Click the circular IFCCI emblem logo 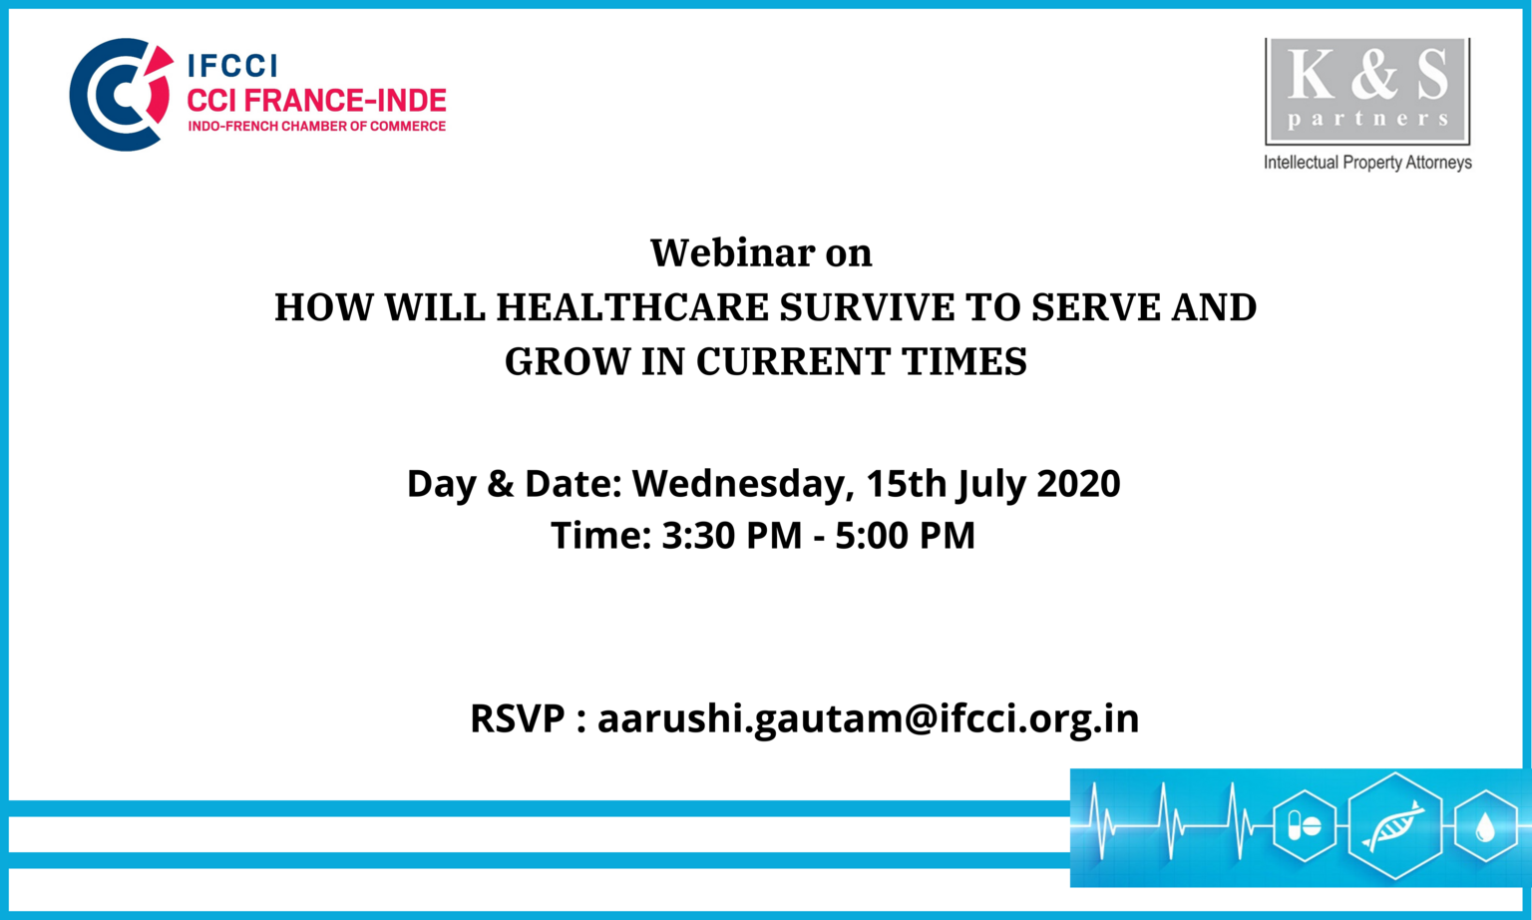pyautogui.click(x=120, y=95)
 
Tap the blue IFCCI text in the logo pyautogui.click(x=232, y=66)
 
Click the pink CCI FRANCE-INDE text pyautogui.click(x=316, y=101)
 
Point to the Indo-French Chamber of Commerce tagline pyautogui.click(x=316, y=126)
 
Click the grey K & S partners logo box pyautogui.click(x=1367, y=91)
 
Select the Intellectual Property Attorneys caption pyautogui.click(x=1367, y=163)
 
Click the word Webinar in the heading pyautogui.click(x=732, y=252)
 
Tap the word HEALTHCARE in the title pyautogui.click(x=632, y=307)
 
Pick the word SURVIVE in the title pyautogui.click(x=900, y=307)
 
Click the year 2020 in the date pyautogui.click(x=1078, y=483)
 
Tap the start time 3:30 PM pyautogui.click(x=732, y=535)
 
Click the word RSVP pyautogui.click(x=518, y=718)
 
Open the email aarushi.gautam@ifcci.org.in pyautogui.click(x=869, y=719)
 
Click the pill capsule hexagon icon pyautogui.click(x=1305, y=825)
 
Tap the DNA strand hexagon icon pyautogui.click(x=1394, y=825)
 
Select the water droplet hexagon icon pyautogui.click(x=1485, y=826)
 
